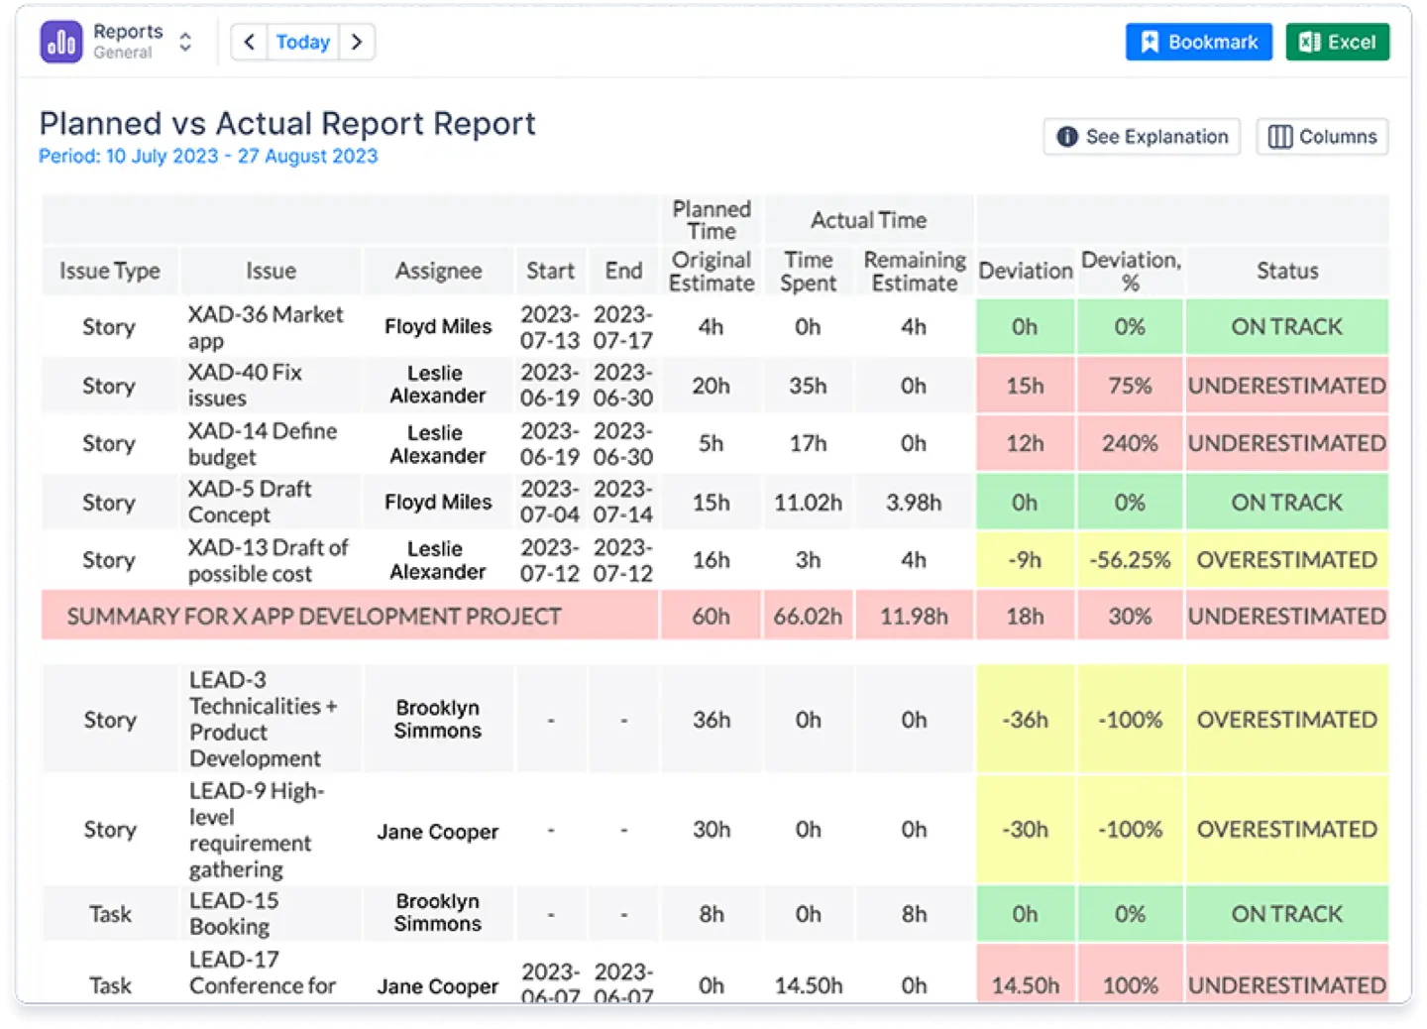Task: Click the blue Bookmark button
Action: point(1198,42)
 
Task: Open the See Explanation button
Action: point(1142,137)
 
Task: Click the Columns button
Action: point(1322,137)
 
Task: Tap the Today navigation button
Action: point(302,42)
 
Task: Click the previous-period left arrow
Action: point(249,42)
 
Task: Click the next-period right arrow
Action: point(357,42)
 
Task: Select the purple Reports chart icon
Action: point(61,42)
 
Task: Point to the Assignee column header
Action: point(438,271)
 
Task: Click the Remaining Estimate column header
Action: point(914,271)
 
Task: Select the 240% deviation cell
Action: point(1129,443)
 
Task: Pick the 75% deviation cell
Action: point(1129,386)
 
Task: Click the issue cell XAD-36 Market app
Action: point(266,327)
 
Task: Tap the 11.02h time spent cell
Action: point(808,503)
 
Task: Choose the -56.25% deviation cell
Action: point(1129,560)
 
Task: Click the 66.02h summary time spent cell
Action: point(808,617)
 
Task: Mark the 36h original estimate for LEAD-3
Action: point(711,720)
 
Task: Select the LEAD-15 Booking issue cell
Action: point(234,913)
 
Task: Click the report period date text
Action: point(208,157)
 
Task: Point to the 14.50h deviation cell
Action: point(1025,985)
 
